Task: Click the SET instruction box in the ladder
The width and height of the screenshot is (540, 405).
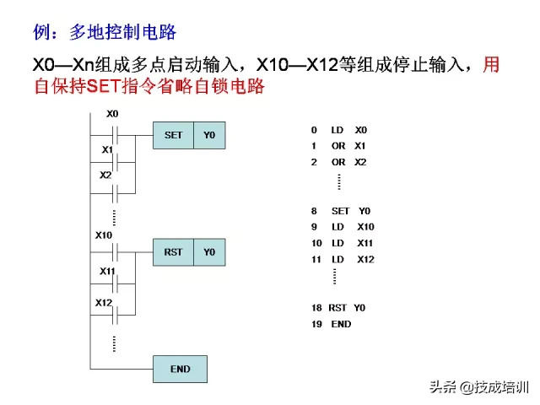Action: click(x=173, y=135)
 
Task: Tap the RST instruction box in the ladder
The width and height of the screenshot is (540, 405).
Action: click(x=173, y=251)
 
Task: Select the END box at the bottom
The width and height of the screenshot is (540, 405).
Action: click(x=180, y=369)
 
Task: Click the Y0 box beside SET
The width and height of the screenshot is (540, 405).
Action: click(x=209, y=135)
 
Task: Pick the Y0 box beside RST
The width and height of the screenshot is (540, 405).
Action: click(x=209, y=251)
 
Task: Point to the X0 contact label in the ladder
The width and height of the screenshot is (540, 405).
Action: click(x=112, y=114)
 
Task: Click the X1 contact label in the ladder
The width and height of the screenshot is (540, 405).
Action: click(x=107, y=149)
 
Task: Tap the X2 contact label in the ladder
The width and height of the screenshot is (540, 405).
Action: click(x=105, y=175)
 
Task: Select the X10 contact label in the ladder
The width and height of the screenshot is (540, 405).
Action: click(x=104, y=235)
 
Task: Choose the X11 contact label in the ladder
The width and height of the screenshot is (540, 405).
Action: click(x=107, y=271)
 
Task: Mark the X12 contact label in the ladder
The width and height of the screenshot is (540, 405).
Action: click(x=104, y=302)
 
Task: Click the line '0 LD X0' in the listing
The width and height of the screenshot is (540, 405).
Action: click(x=339, y=130)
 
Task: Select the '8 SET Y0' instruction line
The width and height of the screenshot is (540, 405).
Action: click(x=341, y=211)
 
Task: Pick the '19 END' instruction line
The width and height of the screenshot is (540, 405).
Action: click(x=331, y=324)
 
